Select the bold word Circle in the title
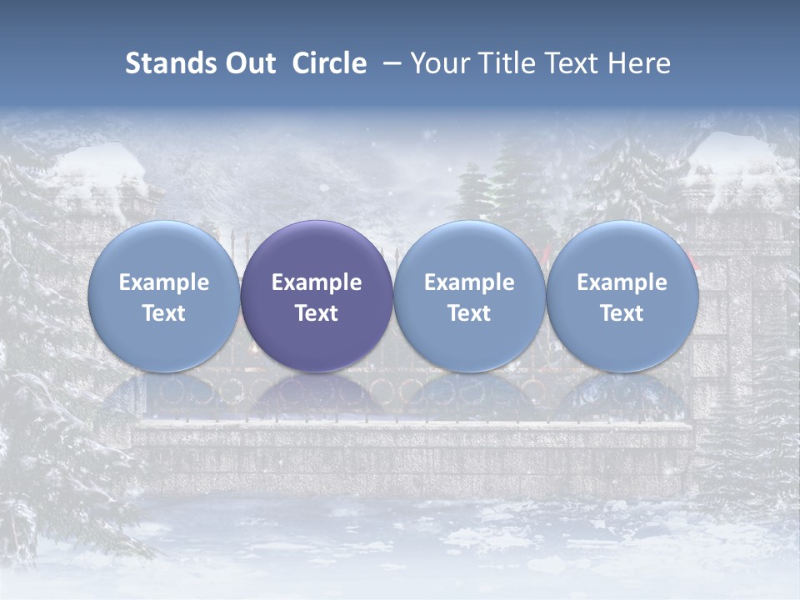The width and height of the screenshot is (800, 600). tap(329, 63)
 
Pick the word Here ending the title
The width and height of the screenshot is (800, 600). tap(641, 63)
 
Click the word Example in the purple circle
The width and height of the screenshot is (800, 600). tap(317, 282)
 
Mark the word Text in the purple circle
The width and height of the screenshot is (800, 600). tap(317, 313)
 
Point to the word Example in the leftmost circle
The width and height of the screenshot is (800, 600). tap(163, 282)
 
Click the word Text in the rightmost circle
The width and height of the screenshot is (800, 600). tap(622, 313)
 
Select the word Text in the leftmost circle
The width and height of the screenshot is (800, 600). tap(163, 313)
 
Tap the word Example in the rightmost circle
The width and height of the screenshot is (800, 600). tap(622, 282)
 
